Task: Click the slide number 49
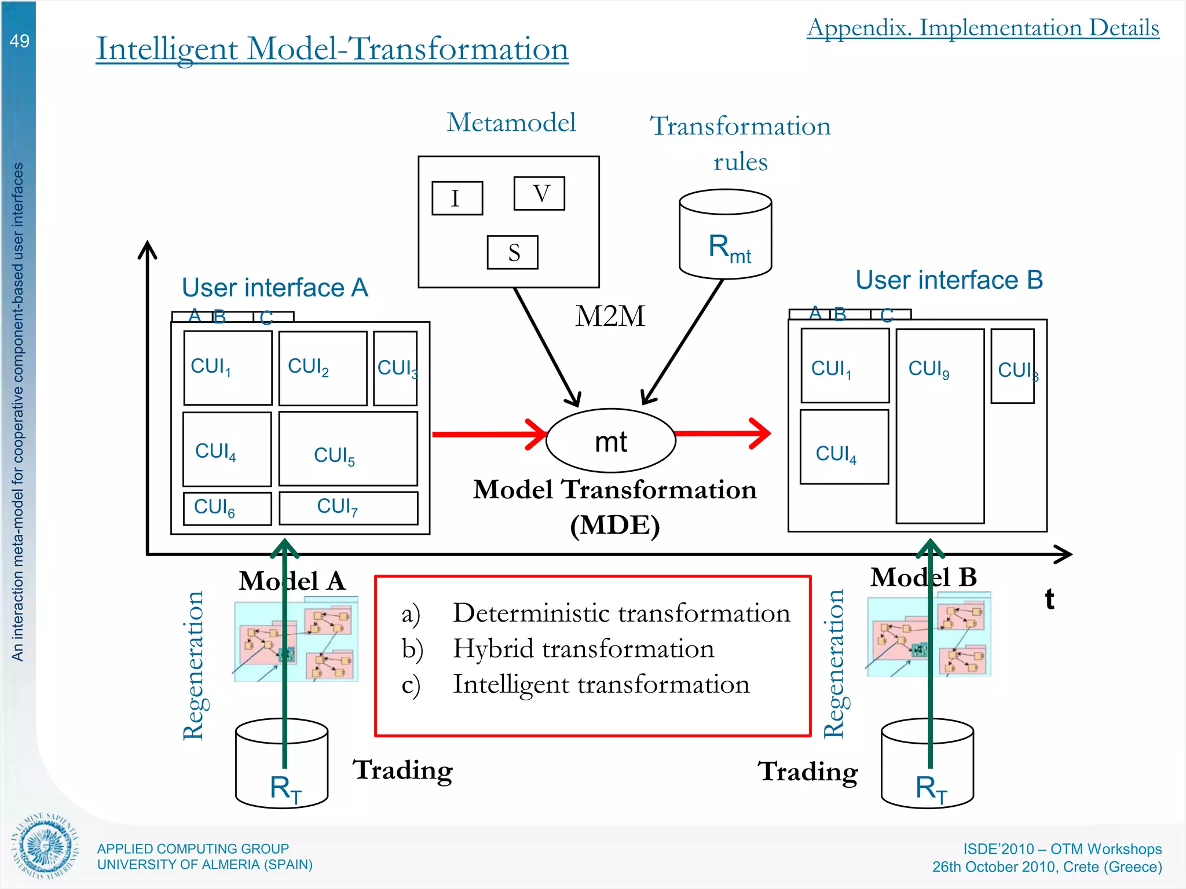(19, 41)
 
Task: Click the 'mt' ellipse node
(610, 441)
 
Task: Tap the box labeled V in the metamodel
(539, 193)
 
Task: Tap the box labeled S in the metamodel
(513, 252)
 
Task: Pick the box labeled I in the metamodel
(457, 199)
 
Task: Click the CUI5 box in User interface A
(347, 449)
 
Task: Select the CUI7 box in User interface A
(348, 508)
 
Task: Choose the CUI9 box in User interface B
(939, 426)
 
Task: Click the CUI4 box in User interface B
(844, 447)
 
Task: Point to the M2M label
(610, 317)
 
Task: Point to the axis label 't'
(1049, 599)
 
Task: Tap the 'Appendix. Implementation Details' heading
(983, 28)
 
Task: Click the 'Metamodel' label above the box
(511, 123)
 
